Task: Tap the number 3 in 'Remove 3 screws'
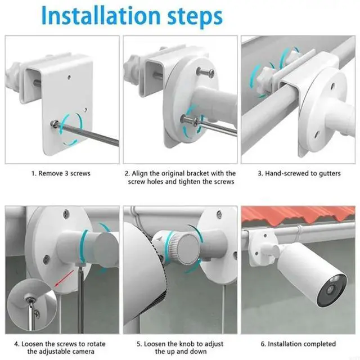point(66,173)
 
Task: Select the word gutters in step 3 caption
point(328,174)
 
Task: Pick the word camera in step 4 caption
point(83,352)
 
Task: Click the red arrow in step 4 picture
point(64,278)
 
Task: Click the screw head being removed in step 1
point(53,123)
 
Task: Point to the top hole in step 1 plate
point(69,78)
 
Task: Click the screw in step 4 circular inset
point(30,299)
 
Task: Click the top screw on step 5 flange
point(219,214)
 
